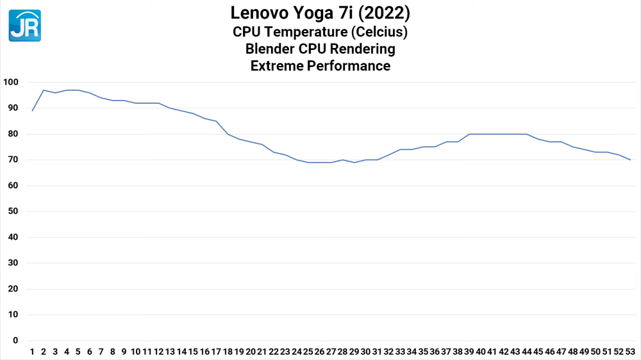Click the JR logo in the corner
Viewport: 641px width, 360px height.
[x=25, y=26]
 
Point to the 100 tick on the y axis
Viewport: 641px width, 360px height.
[x=11, y=82]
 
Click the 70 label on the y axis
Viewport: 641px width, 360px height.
[x=13, y=160]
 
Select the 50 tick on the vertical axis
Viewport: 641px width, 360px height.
[x=13, y=211]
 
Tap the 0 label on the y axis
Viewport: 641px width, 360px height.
[x=15, y=341]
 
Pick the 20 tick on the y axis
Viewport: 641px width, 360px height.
[x=13, y=289]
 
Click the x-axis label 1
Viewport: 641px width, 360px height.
[x=32, y=352]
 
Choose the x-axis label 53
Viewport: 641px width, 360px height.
[x=630, y=352]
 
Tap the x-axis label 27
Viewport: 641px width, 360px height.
[x=331, y=352]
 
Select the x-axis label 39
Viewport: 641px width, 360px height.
[x=469, y=352]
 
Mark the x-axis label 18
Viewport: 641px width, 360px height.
[x=228, y=352]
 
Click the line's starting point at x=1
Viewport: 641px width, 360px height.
[x=32, y=111]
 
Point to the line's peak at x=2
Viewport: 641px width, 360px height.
[x=44, y=90]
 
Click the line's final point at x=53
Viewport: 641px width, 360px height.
[x=630, y=160]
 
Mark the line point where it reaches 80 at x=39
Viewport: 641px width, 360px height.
[x=469, y=134]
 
